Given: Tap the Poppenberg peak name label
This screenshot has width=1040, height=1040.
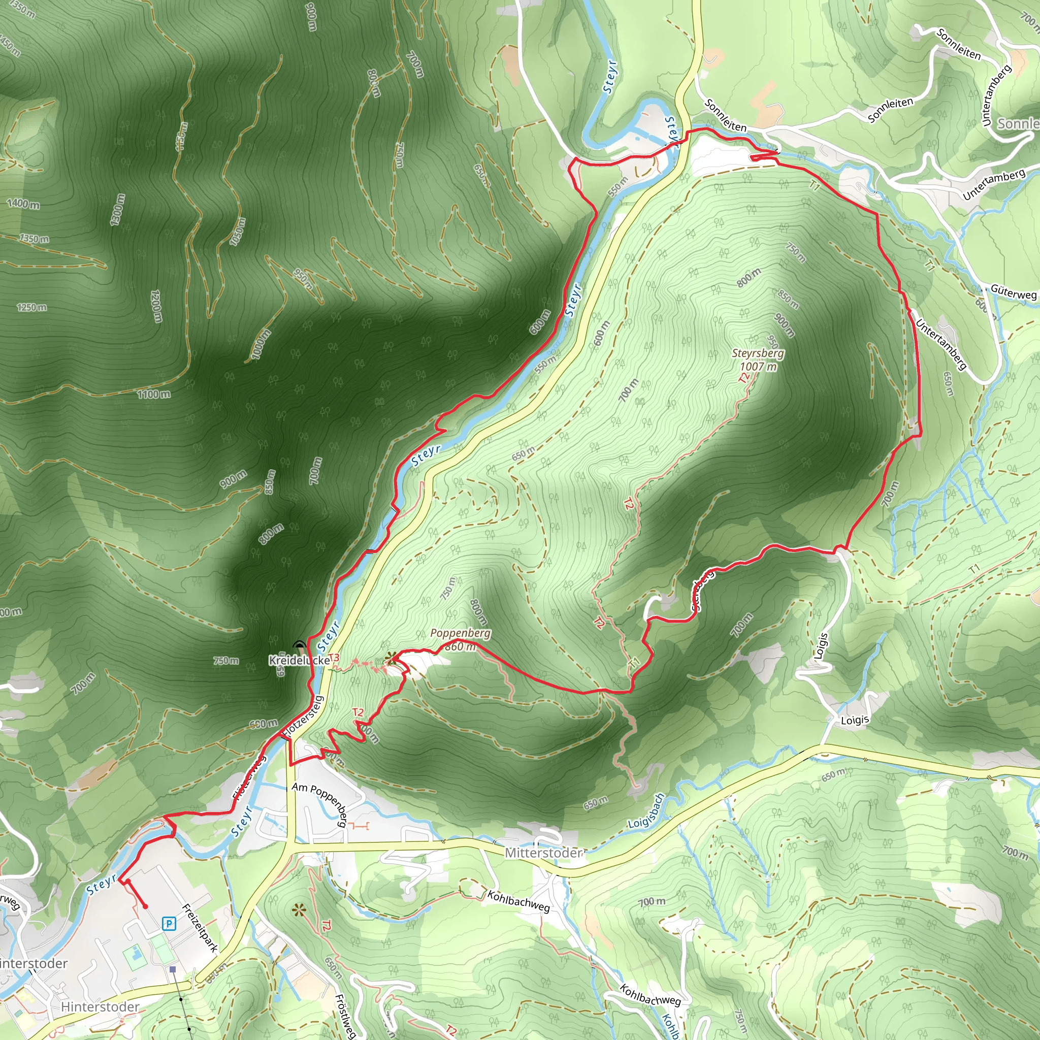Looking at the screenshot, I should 460,633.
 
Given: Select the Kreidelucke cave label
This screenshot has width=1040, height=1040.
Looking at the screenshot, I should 299,661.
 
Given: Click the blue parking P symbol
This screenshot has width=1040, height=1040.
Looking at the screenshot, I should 169,924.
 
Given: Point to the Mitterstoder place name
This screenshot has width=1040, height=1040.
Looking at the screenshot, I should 544,853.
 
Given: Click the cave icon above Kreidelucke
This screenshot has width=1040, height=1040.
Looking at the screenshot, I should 299,645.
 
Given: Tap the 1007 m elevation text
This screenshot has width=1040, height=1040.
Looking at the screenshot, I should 758,367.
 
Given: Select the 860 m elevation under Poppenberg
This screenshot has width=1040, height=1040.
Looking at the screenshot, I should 460,646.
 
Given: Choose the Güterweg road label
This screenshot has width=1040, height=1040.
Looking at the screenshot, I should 1013,292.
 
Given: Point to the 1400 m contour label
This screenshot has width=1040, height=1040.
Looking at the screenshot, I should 23,204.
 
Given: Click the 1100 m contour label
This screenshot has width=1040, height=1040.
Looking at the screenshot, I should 153,395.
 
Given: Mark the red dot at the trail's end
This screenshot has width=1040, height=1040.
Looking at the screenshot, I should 145,906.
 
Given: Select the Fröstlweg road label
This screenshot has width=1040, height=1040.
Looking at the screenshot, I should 345,1015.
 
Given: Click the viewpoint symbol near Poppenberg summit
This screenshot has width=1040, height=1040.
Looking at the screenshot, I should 392,657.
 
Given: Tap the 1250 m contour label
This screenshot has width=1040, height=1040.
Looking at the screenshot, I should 31,307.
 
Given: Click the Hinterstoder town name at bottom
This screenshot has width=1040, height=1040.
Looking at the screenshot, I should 100,1006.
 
